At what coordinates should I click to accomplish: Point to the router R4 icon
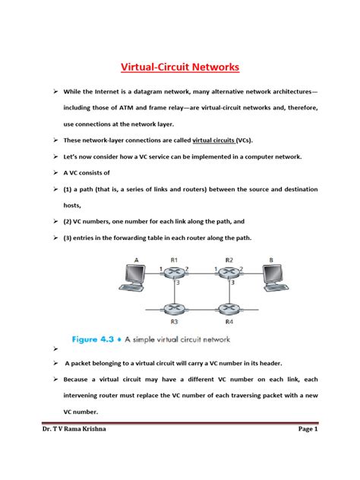[229, 309]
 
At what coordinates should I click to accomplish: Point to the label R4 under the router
[229, 322]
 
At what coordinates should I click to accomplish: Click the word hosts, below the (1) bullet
[63, 205]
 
